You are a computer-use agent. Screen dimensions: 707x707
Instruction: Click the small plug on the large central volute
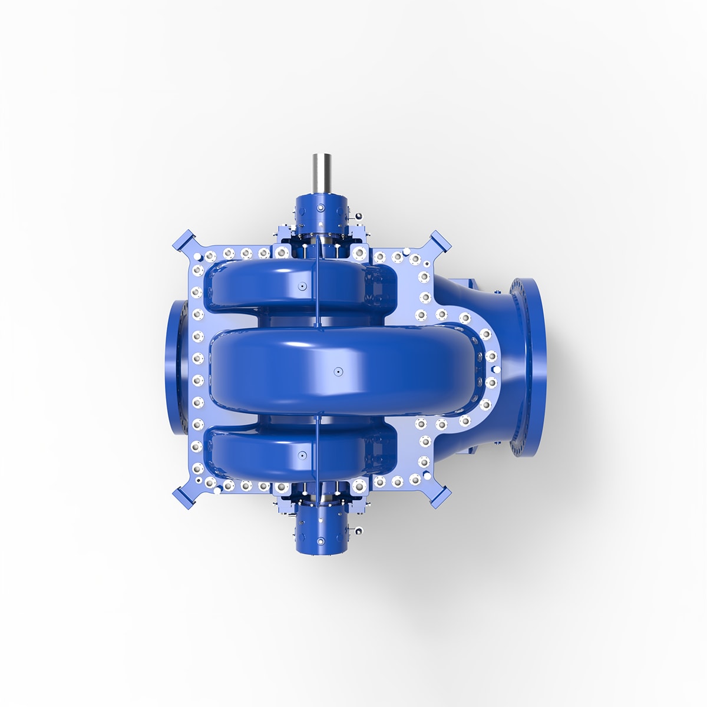[338, 371]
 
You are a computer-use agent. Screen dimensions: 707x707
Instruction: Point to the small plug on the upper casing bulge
[300, 286]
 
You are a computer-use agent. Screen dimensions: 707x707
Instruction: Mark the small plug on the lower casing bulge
[300, 455]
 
